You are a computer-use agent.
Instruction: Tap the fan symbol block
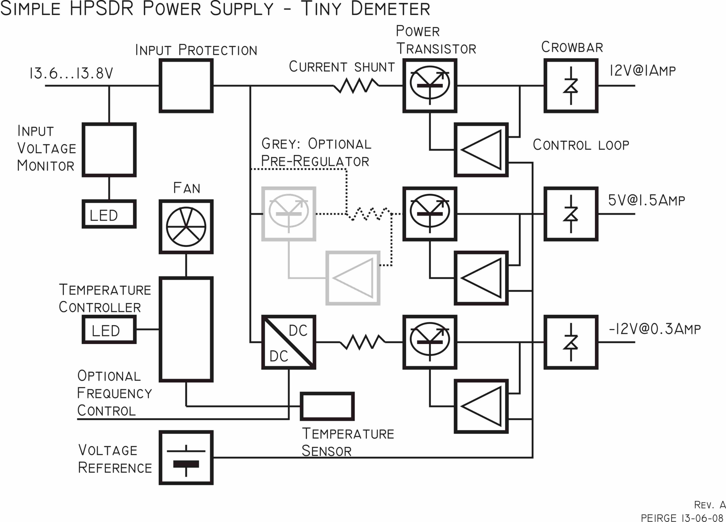pos(186,227)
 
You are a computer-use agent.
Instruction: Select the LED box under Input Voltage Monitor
pos(109,214)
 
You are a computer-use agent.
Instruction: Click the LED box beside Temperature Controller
pos(109,329)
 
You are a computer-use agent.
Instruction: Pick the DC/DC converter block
pos(289,342)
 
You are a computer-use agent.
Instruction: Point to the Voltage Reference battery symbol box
pos(186,457)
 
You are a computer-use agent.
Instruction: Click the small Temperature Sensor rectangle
pos(327,406)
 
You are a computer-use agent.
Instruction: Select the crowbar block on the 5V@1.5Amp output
pos(571,214)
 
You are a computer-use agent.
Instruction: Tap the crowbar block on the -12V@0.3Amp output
pos(571,342)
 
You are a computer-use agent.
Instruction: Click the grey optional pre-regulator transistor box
pos(289,214)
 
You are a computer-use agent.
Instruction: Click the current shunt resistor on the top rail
pos(356,86)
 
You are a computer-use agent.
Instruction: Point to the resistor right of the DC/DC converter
pos(362,342)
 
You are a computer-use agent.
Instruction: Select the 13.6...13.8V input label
pos(71,73)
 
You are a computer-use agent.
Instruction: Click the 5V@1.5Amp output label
pos(646,200)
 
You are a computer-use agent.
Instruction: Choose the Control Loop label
pos(581,145)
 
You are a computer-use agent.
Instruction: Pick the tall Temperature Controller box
pos(186,329)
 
